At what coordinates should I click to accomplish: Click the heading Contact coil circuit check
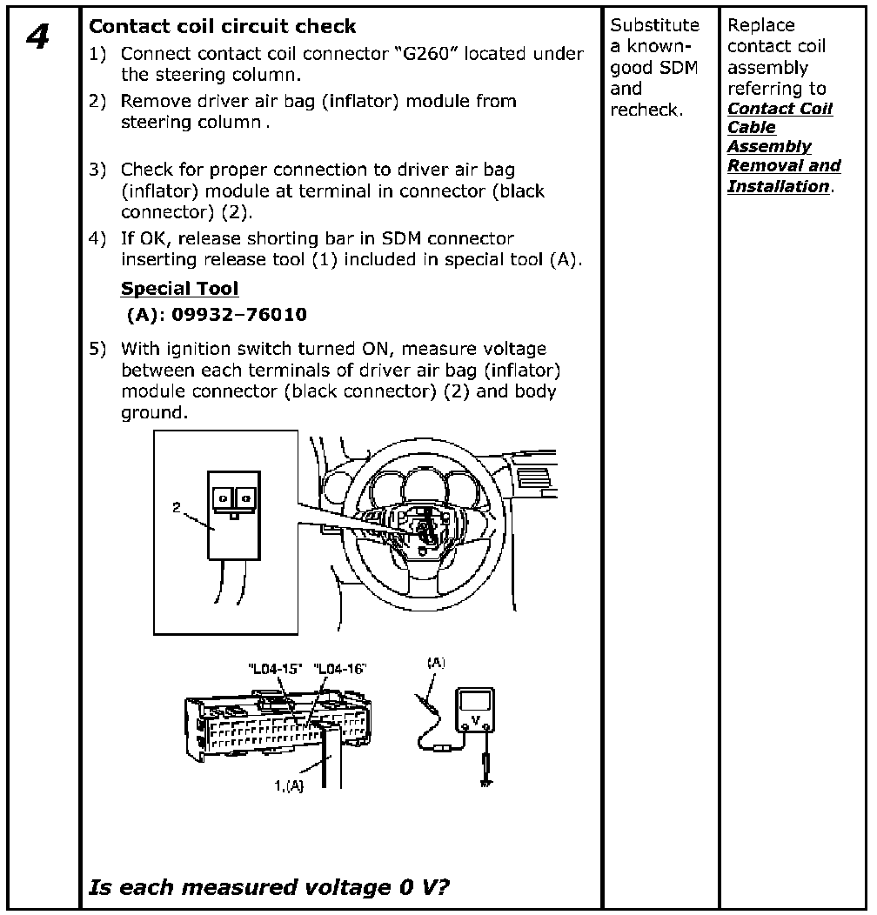[x=223, y=26]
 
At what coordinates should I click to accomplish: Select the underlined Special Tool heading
[x=179, y=288]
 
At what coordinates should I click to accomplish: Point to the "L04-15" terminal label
[x=274, y=669]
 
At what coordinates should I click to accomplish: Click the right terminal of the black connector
[x=247, y=497]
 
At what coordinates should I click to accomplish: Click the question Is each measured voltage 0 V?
[x=269, y=887]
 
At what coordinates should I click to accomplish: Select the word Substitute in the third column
[x=654, y=25]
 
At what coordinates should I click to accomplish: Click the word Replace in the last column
[x=761, y=25]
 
